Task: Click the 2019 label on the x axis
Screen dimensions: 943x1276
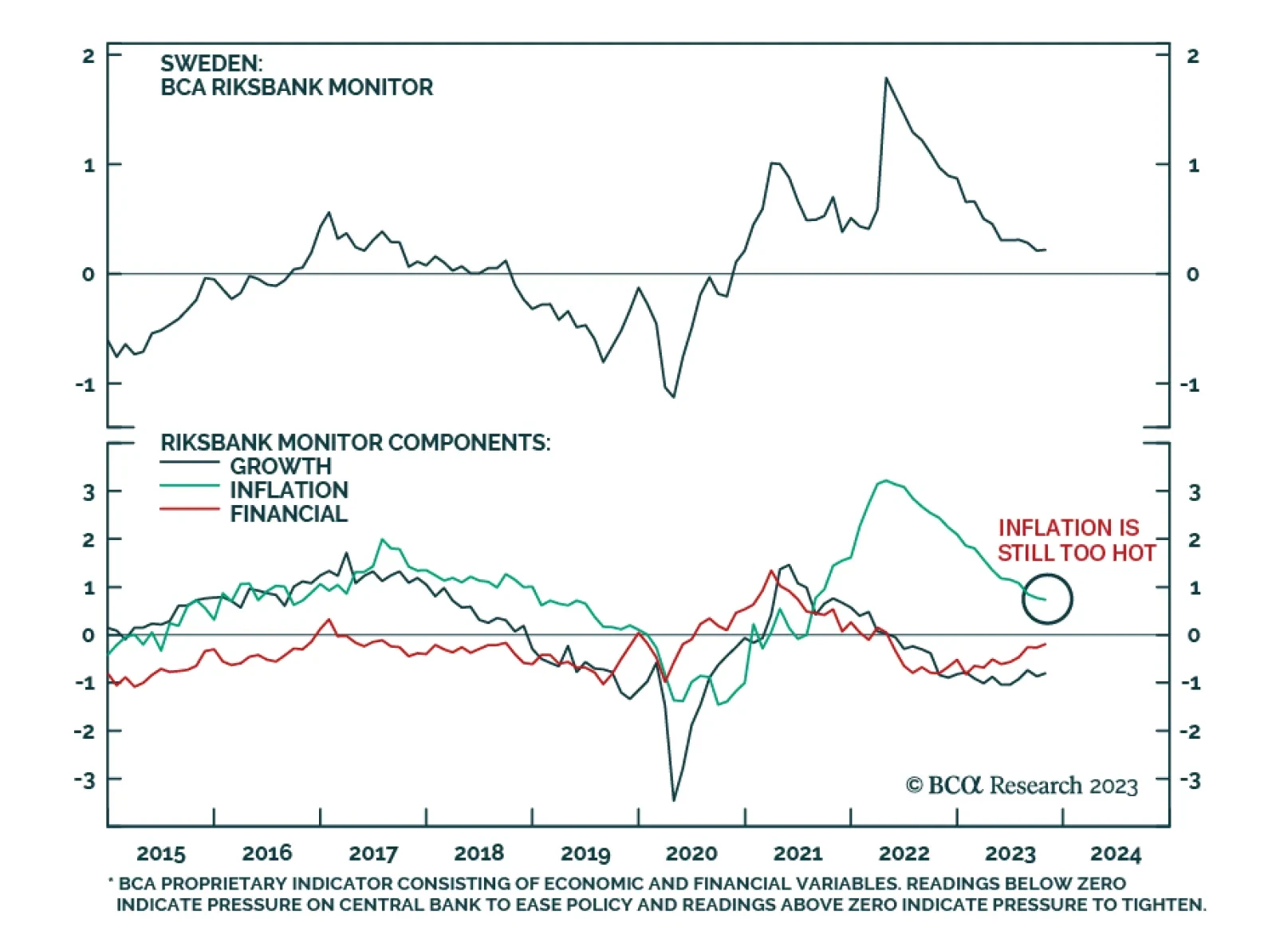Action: tap(585, 854)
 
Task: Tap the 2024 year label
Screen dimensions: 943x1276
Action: tap(1116, 854)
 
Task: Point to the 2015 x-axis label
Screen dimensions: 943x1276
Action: tap(161, 854)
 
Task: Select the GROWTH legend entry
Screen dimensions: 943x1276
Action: tap(280, 466)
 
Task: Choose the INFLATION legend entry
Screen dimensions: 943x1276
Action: tap(289, 490)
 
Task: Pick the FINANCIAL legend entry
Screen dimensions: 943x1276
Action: tap(289, 514)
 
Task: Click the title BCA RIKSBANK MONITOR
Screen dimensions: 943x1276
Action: tap(297, 87)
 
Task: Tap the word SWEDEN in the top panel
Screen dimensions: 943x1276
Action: tap(210, 63)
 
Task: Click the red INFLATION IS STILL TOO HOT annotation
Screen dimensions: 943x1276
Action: tap(1076, 540)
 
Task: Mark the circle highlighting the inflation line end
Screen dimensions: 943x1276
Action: tap(1047, 598)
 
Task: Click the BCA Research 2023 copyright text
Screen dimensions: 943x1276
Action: tap(1022, 786)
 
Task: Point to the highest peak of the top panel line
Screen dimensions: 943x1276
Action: tap(886, 78)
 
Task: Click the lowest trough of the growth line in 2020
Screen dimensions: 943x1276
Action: tap(674, 799)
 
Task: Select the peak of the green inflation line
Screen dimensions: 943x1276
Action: tap(884, 481)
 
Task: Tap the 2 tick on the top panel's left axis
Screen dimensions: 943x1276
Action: tap(89, 56)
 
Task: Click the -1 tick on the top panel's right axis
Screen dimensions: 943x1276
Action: tap(1190, 385)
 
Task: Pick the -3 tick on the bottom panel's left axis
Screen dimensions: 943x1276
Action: tap(85, 779)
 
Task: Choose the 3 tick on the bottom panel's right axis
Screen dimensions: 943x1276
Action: tap(1194, 492)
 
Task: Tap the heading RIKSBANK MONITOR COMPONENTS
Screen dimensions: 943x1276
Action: tap(355, 442)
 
